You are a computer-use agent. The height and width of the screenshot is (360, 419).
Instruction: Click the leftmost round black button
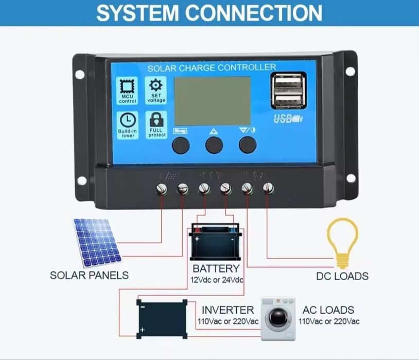(181, 144)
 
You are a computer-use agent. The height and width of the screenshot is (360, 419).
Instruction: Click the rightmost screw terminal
(267, 188)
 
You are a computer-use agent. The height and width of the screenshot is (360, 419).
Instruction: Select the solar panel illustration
(98, 242)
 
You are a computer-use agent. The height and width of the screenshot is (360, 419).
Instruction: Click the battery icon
(216, 242)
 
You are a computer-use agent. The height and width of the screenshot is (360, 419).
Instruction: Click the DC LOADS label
(342, 276)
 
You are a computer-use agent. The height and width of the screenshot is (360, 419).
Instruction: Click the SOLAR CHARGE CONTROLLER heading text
(212, 67)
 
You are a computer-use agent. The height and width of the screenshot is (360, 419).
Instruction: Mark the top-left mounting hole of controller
(80, 74)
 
